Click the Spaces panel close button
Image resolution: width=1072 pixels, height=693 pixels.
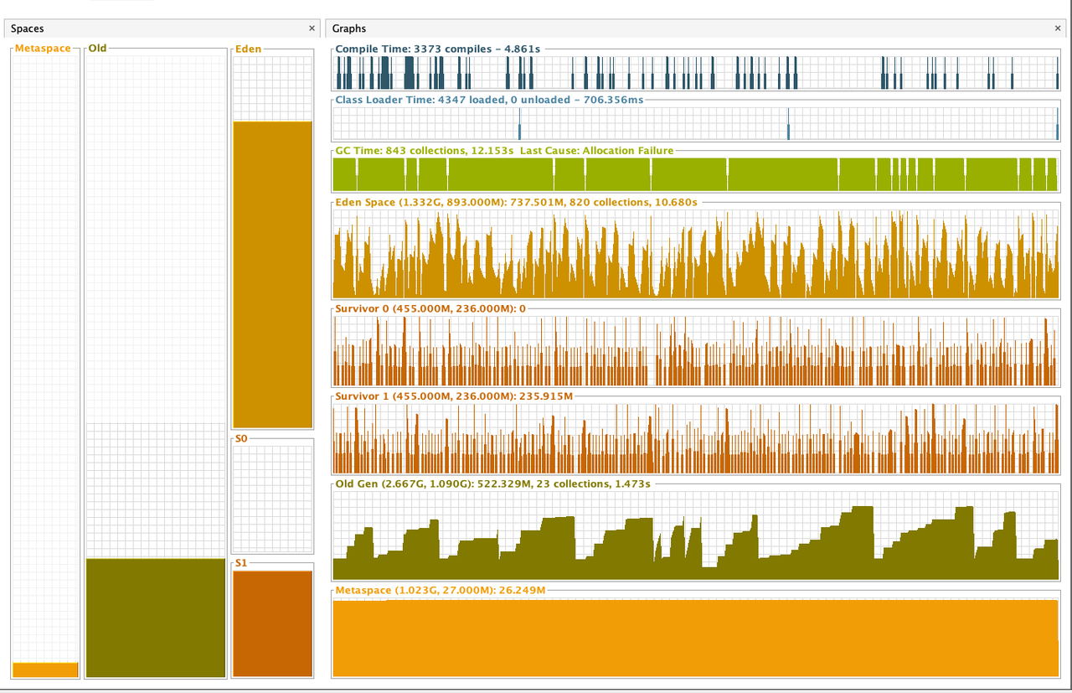pyautogui.click(x=312, y=28)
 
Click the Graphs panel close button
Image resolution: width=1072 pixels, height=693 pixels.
pyautogui.click(x=1058, y=28)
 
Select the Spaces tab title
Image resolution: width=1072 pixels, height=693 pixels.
pyautogui.click(x=28, y=28)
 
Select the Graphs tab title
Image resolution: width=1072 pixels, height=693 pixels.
pyautogui.click(x=349, y=28)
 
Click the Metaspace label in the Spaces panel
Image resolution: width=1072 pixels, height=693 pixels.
pyautogui.click(x=43, y=49)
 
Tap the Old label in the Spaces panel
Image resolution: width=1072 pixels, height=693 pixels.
pyautogui.click(x=97, y=49)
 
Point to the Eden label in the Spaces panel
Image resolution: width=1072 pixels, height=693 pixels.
pyautogui.click(x=248, y=49)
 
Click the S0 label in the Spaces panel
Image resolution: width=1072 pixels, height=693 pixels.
pyautogui.click(x=241, y=438)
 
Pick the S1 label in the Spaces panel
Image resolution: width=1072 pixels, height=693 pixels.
pyautogui.click(x=241, y=563)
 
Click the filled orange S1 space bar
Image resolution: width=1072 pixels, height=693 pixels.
pyautogui.click(x=272, y=623)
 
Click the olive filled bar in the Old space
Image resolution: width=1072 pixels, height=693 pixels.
pyautogui.click(x=156, y=617)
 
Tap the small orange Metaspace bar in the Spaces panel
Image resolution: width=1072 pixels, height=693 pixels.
pyautogui.click(x=45, y=670)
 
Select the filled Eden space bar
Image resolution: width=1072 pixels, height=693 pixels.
pyautogui.click(x=272, y=275)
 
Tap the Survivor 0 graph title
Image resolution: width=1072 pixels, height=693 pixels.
pyautogui.click(x=430, y=309)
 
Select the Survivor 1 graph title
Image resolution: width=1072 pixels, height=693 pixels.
pyautogui.click(x=455, y=396)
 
